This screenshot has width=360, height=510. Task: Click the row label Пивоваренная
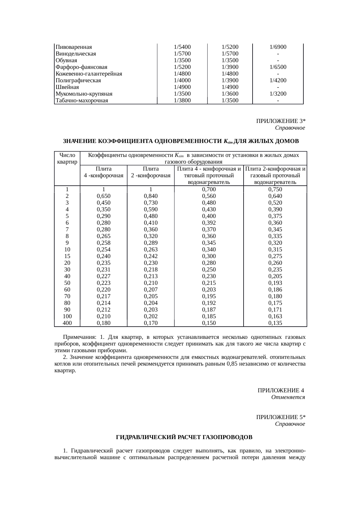[x=74, y=47]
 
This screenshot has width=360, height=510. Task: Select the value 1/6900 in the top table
[x=278, y=47]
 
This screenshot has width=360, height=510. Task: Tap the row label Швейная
[x=67, y=87]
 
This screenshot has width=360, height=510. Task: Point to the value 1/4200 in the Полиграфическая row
[x=278, y=80]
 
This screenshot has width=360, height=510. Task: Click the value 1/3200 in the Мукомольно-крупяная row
[x=278, y=94]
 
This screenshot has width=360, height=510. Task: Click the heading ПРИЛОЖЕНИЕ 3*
[x=280, y=121]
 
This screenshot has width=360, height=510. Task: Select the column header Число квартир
[x=67, y=159]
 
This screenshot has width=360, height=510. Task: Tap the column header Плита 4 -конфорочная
[x=104, y=172]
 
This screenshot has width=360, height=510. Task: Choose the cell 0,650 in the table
[x=104, y=196]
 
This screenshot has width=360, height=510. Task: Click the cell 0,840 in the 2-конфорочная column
[x=151, y=196]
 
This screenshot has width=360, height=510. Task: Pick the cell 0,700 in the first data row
[x=209, y=189]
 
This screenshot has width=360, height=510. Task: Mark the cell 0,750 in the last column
[x=275, y=189]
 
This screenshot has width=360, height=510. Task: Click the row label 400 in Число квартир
[x=67, y=323]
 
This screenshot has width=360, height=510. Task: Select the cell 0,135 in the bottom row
[x=275, y=323]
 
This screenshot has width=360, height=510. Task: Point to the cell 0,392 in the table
[x=209, y=223]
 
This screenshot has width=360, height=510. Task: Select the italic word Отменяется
[x=288, y=397]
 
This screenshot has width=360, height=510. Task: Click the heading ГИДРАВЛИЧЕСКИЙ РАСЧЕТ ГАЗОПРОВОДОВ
[x=184, y=437]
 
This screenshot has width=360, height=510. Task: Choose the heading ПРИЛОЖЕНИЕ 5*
[x=280, y=417]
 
